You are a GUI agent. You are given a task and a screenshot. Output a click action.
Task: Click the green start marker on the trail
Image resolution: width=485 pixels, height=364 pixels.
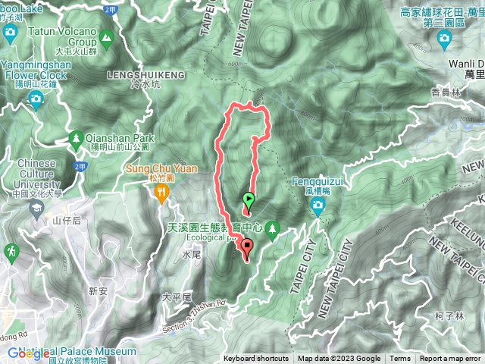(x=248, y=201)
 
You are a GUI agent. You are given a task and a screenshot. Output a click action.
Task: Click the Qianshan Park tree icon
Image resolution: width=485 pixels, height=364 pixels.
(x=75, y=139)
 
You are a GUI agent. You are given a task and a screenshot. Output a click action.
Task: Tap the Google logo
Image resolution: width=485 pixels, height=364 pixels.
(x=30, y=353)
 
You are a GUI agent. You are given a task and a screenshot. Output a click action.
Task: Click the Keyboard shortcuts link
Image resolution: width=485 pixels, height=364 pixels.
(x=255, y=359)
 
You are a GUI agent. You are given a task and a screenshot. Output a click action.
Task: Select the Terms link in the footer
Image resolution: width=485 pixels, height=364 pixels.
(x=400, y=359)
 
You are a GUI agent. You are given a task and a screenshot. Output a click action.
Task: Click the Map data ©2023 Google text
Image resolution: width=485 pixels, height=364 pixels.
(x=339, y=359)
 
